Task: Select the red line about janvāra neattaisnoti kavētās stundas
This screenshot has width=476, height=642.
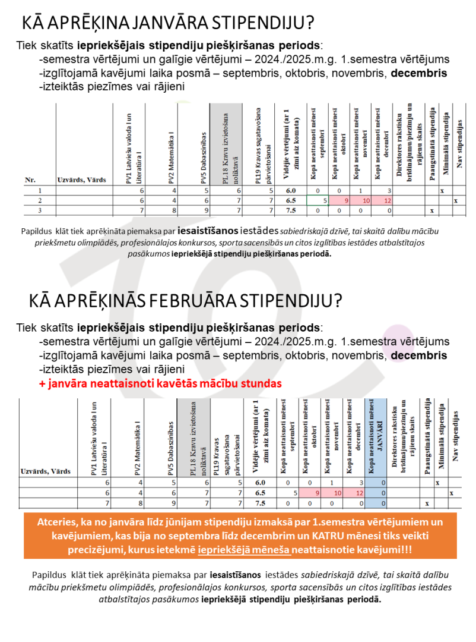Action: pos(160,383)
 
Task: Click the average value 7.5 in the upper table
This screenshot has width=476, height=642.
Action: pos(291,210)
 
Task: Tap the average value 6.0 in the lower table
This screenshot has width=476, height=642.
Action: pos(259,483)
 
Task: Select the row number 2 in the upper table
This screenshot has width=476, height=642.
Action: pos(40,201)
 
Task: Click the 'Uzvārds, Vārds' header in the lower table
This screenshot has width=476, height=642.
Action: pos(46,471)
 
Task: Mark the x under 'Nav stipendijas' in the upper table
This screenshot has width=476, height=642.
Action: pos(456,201)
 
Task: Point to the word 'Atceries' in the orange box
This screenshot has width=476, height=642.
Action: pos(56,522)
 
